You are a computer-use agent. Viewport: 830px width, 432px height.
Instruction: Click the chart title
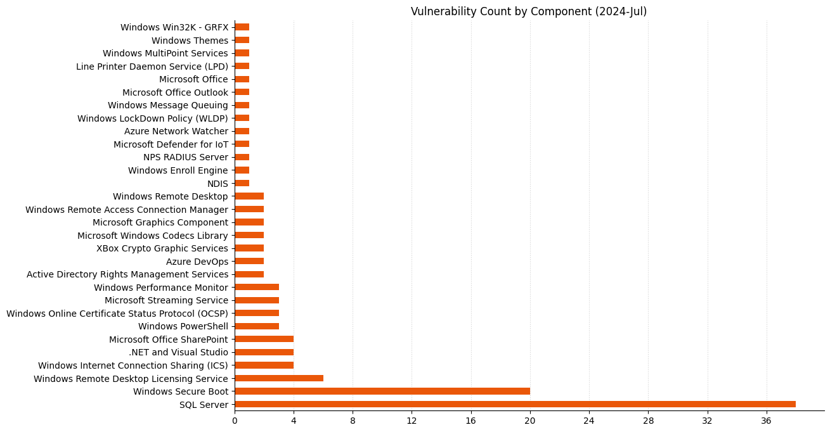tap(529, 11)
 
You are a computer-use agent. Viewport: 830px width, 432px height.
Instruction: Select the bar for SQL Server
tap(515, 404)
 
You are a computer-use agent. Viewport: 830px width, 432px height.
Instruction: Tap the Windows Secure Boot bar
tap(382, 391)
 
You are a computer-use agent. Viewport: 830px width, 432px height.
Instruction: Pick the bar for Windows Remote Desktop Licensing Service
tap(279, 378)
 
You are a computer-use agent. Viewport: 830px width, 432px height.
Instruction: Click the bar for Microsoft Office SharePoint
tap(264, 340)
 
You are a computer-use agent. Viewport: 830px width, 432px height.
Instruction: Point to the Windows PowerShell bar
tap(257, 326)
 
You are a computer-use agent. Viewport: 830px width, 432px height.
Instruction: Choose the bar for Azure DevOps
tap(249, 262)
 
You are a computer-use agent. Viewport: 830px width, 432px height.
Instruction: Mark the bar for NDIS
tap(242, 183)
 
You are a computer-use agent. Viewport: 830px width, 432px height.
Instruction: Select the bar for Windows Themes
tap(242, 41)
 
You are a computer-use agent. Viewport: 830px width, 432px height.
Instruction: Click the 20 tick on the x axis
tap(530, 421)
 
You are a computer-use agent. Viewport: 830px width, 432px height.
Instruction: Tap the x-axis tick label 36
tap(767, 421)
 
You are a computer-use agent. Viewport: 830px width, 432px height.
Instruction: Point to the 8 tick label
tap(353, 421)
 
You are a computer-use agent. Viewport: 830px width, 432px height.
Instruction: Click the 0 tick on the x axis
tap(235, 421)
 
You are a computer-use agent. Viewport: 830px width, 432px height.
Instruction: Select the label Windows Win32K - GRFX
tap(174, 27)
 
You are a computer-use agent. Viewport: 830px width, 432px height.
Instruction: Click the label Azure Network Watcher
tap(176, 131)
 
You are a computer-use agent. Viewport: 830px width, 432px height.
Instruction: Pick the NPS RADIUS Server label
tap(186, 157)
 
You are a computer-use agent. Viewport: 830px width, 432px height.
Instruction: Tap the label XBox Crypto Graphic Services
tap(162, 248)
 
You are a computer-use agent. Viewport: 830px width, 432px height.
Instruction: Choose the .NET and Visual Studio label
tap(178, 352)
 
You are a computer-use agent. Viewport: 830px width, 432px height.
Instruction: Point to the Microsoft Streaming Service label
tap(166, 300)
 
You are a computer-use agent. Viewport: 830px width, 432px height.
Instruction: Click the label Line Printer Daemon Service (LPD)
tap(152, 67)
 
